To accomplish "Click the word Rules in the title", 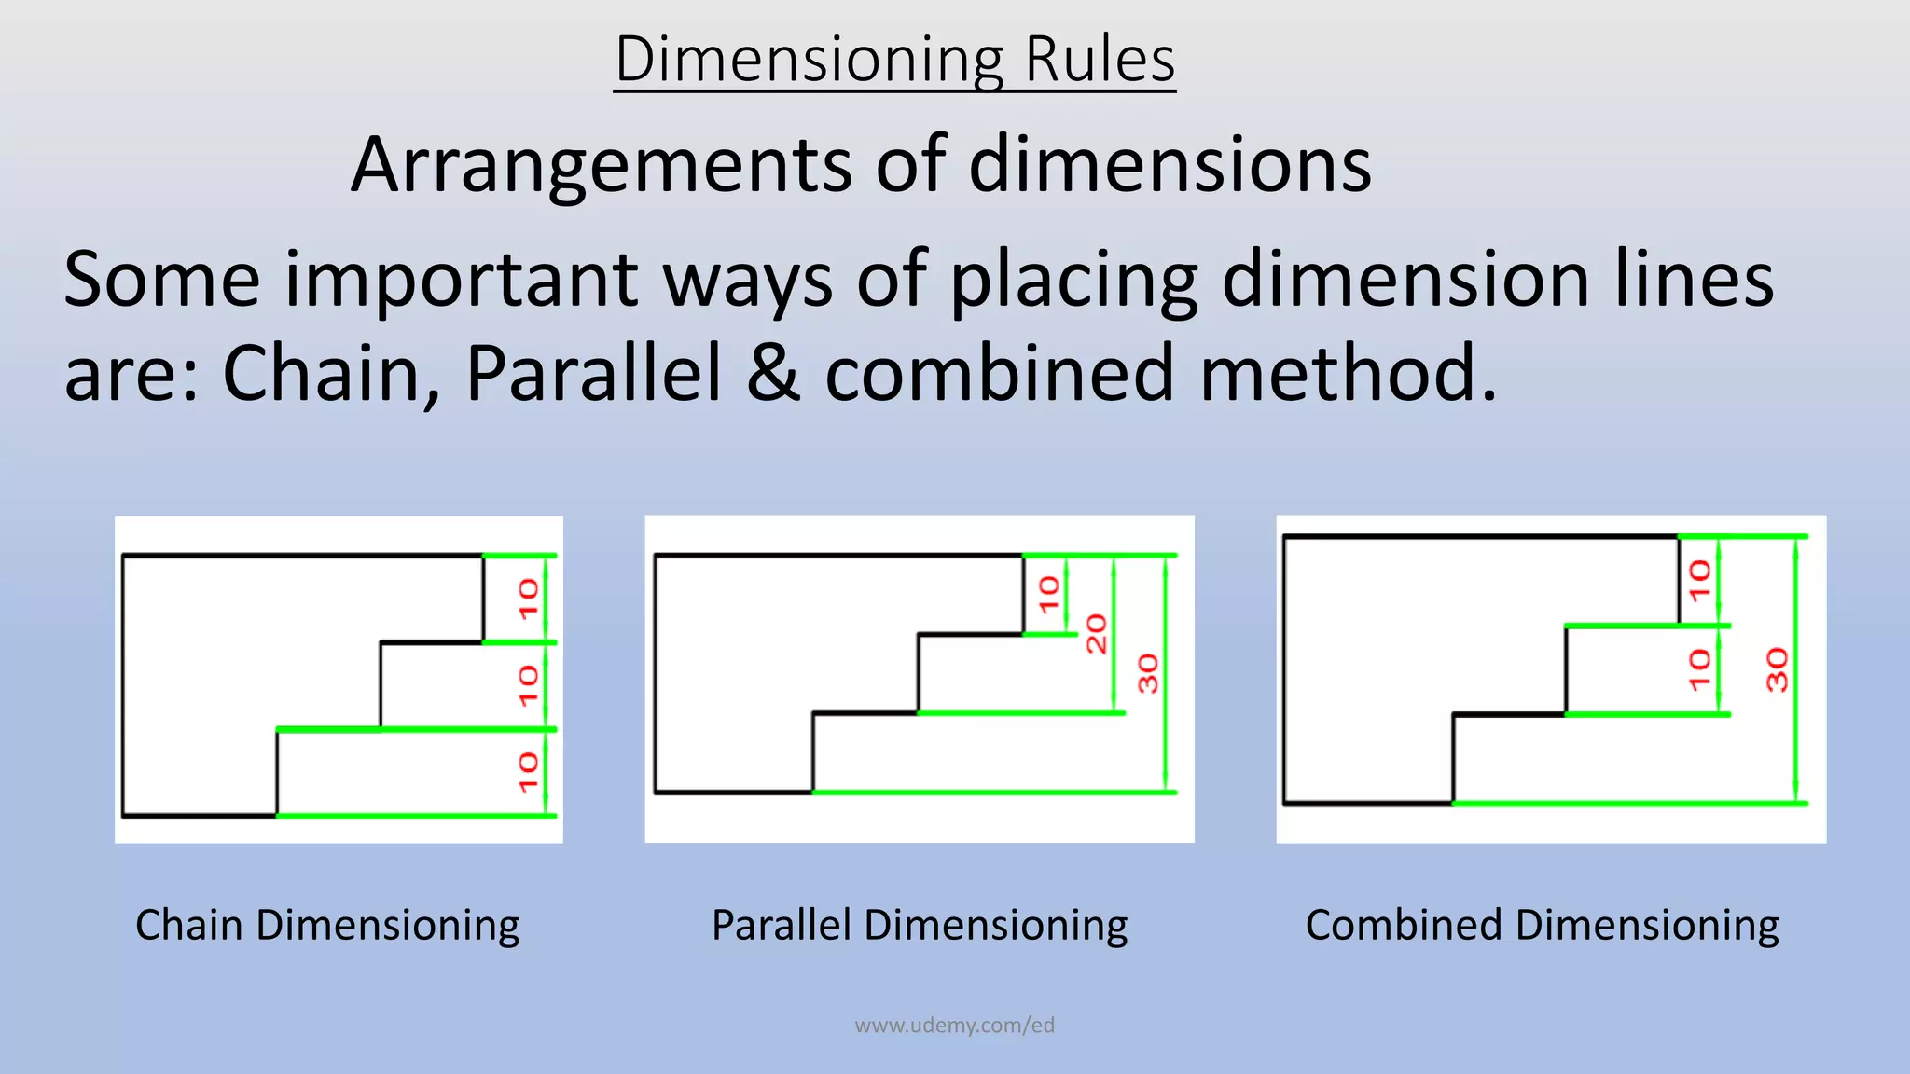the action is tap(1100, 60).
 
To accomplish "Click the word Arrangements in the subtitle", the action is tap(602, 165).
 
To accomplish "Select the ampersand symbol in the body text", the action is tap(773, 373).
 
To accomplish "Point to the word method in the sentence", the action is tap(1348, 373).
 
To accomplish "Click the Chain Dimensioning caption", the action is tap(327, 926).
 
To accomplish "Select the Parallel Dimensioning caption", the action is tap(920, 926).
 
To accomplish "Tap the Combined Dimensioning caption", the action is tap(1542, 926).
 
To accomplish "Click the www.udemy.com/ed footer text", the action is tap(954, 1026).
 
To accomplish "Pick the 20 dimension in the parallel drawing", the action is tap(1097, 634).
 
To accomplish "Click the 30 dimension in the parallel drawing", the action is tap(1148, 673).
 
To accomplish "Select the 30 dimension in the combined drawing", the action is tap(1778, 669).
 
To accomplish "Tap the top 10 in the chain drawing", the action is tap(529, 599).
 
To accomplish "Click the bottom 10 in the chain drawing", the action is tap(529, 773).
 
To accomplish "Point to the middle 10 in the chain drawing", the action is tap(529, 685).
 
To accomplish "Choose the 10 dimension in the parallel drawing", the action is tap(1049, 595).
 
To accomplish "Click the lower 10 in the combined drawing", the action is tap(1699, 669).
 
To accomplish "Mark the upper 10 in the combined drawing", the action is tap(1699, 580).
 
